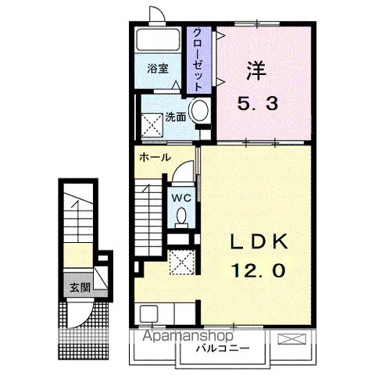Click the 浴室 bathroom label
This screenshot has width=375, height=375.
[159, 68]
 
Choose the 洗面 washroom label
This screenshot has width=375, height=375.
[175, 117]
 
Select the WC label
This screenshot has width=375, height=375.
[180, 198]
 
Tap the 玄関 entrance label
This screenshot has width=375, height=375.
[78, 287]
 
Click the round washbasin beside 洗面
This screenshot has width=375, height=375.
[200, 111]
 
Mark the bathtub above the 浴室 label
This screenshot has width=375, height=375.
[159, 41]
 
